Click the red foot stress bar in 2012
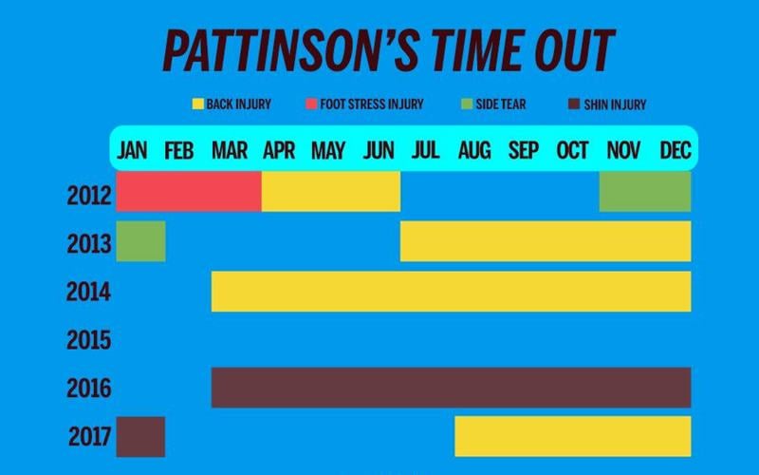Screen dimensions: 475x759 pos(188,192)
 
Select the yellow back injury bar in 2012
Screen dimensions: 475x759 pos(330,192)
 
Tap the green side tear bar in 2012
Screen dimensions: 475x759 pos(644,192)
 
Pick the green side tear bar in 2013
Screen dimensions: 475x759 pos(140,241)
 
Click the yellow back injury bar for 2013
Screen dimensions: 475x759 pos(545,241)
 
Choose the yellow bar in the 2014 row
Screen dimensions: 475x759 pos(451,291)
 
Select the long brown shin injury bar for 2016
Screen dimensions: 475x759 pos(451,388)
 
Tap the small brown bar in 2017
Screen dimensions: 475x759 pos(140,436)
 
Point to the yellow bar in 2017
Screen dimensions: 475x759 pos(572,436)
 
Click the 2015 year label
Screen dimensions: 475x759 pos(88,340)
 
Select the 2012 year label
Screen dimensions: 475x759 pos(89,197)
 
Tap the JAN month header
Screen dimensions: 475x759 pos(133,150)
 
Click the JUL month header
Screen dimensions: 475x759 pos(426,150)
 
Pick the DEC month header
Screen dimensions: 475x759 pos(676,150)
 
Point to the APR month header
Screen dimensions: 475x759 pos(279,150)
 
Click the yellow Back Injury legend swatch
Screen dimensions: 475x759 pos(198,103)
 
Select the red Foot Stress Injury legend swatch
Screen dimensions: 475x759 pos(311,103)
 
